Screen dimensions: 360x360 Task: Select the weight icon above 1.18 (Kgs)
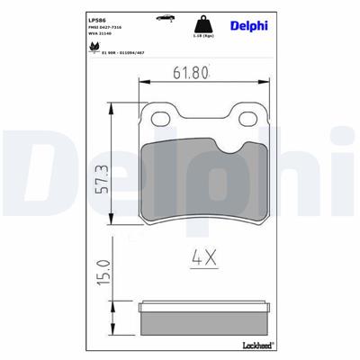pyautogui.click(x=197, y=24)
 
